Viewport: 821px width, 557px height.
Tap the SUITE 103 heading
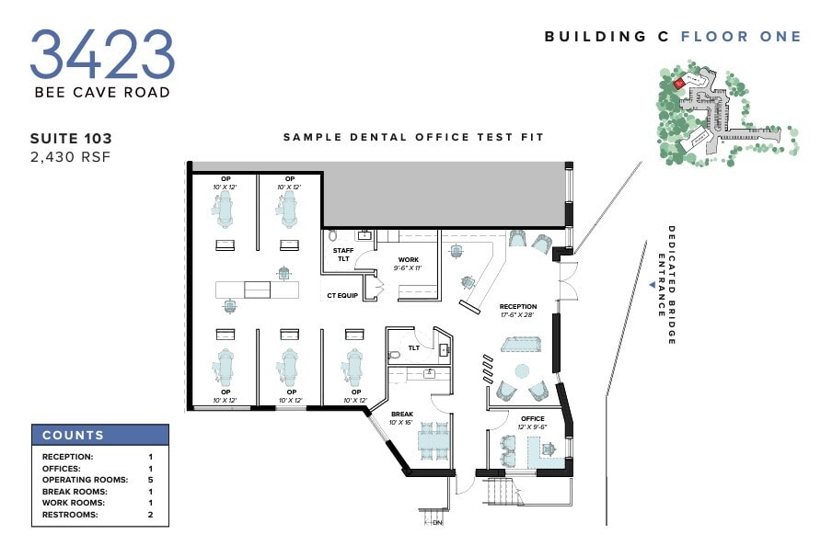(71, 139)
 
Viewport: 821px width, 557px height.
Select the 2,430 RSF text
(70, 157)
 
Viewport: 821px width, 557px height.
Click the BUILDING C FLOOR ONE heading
(673, 37)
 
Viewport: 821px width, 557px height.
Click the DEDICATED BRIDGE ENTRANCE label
(665, 285)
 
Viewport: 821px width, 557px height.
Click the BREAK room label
(401, 417)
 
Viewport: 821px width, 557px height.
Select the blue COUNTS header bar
(100, 435)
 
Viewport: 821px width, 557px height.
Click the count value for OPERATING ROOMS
(149, 480)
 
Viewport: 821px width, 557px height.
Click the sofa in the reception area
(522, 343)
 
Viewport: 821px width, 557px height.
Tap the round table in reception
(523, 375)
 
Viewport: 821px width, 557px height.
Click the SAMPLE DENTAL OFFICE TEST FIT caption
(413, 137)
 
